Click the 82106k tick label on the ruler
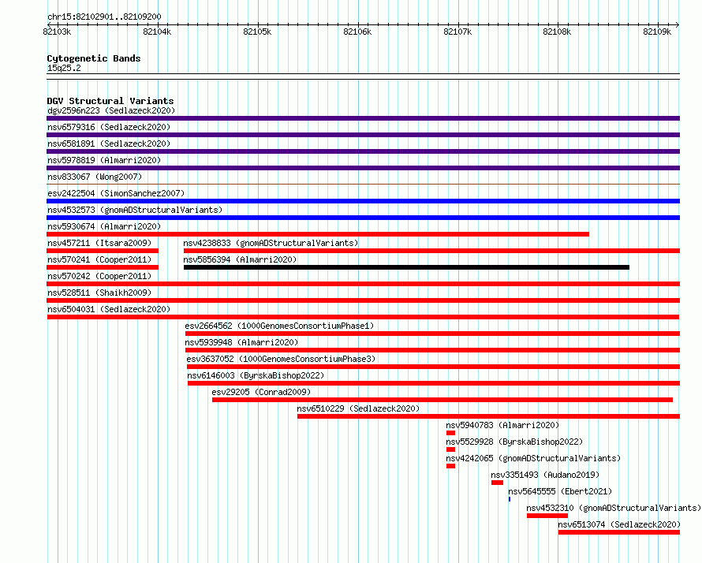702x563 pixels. (x=357, y=32)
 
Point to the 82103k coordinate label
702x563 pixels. (x=57, y=32)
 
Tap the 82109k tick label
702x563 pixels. (x=657, y=32)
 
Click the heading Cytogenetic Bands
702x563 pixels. (x=94, y=58)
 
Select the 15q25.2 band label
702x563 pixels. (x=64, y=68)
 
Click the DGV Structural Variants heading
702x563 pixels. (x=110, y=101)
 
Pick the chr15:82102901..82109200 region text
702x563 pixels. (x=104, y=17)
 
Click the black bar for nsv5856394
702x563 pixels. (x=406, y=267)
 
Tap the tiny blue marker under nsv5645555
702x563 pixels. (x=510, y=499)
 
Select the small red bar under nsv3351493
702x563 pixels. (x=497, y=483)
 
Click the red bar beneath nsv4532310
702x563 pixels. (x=547, y=516)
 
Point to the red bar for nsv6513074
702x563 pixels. (x=619, y=532)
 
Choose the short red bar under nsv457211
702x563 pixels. (x=103, y=251)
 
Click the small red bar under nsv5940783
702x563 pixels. (x=451, y=433)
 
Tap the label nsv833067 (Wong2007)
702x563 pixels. (x=95, y=177)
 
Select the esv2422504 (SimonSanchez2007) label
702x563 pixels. (x=116, y=193)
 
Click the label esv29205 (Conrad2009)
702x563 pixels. (x=261, y=392)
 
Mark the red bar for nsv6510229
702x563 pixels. (x=488, y=416)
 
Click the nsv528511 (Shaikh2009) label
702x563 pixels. (x=99, y=293)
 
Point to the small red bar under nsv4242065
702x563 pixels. (x=451, y=466)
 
